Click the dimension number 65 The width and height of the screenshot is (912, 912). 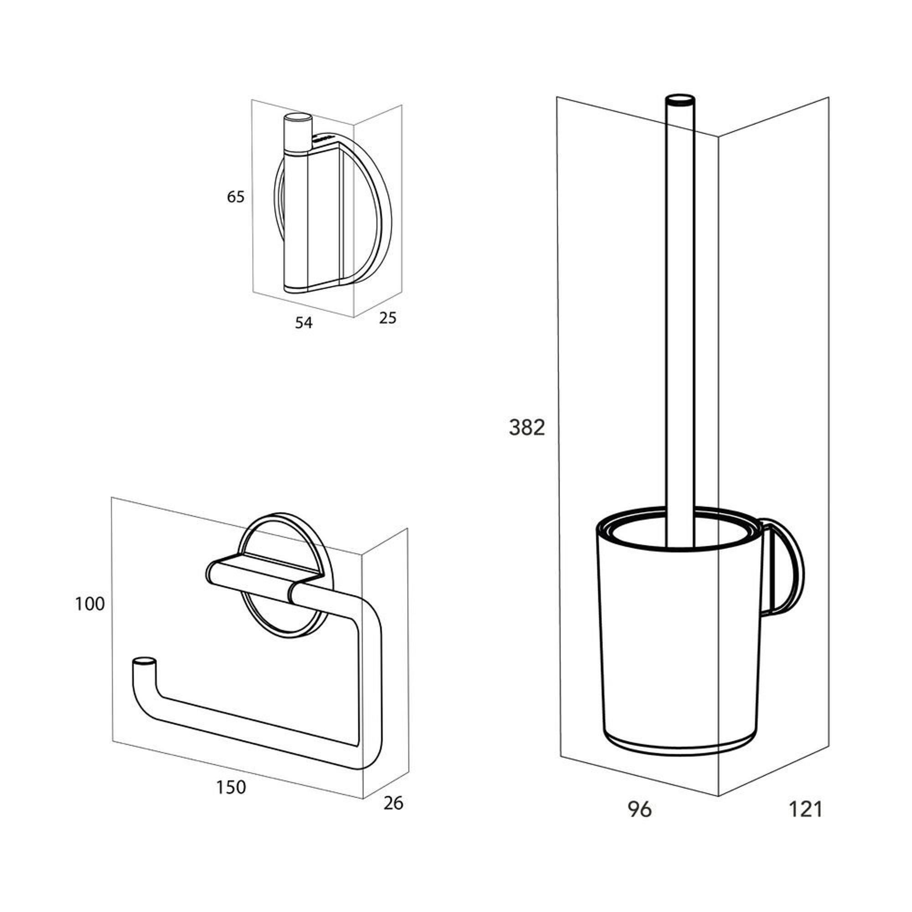pos(236,197)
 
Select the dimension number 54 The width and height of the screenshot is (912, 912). pos(304,323)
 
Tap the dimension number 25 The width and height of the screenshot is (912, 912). pos(388,318)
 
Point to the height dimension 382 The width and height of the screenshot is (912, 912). pos(527,428)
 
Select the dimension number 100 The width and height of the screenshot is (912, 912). pos(90,604)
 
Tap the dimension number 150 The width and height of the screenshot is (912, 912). pos(231,787)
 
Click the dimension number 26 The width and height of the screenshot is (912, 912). pos(393,803)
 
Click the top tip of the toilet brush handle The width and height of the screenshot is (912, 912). pos(680,99)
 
